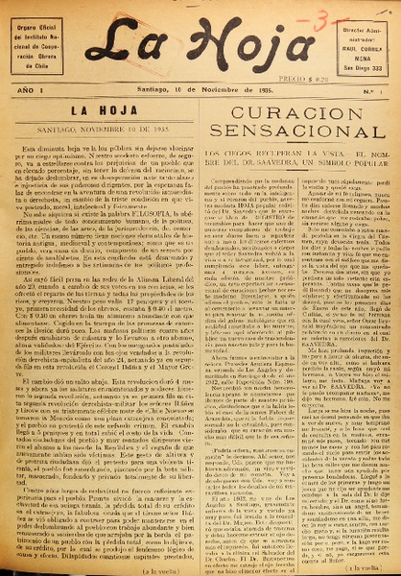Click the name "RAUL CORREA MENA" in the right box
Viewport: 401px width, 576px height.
pos(362,50)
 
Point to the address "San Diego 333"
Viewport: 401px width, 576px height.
pos(362,68)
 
